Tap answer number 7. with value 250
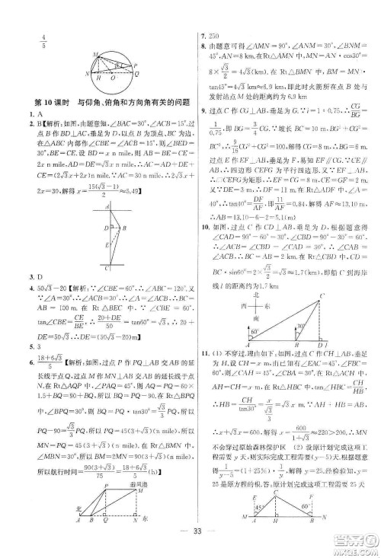(206, 37)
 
